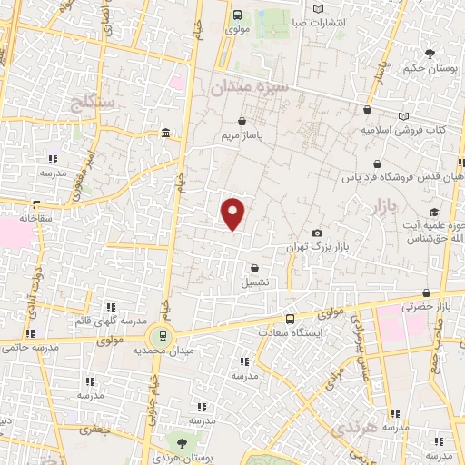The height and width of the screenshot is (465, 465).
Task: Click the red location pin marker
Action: pos(233,213)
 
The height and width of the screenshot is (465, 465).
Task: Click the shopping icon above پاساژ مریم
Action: pos(242,121)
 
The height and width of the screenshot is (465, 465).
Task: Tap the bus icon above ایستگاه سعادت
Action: pos(290,319)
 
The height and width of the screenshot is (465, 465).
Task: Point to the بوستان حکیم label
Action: pos(430,69)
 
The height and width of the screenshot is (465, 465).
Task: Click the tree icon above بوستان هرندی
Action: pos(183,443)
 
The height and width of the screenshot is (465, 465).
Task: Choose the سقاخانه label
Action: pos(17,218)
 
